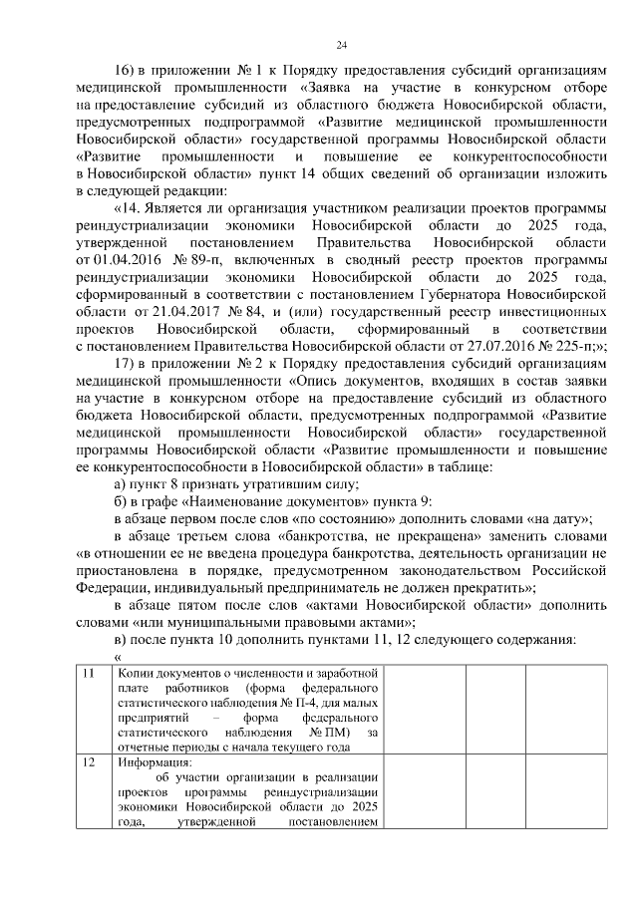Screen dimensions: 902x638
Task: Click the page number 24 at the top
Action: click(x=341, y=45)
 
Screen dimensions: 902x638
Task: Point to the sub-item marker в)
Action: click(x=121, y=638)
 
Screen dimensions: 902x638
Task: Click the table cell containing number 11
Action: click(x=89, y=674)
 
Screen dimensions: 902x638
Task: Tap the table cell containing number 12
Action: click(x=89, y=763)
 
